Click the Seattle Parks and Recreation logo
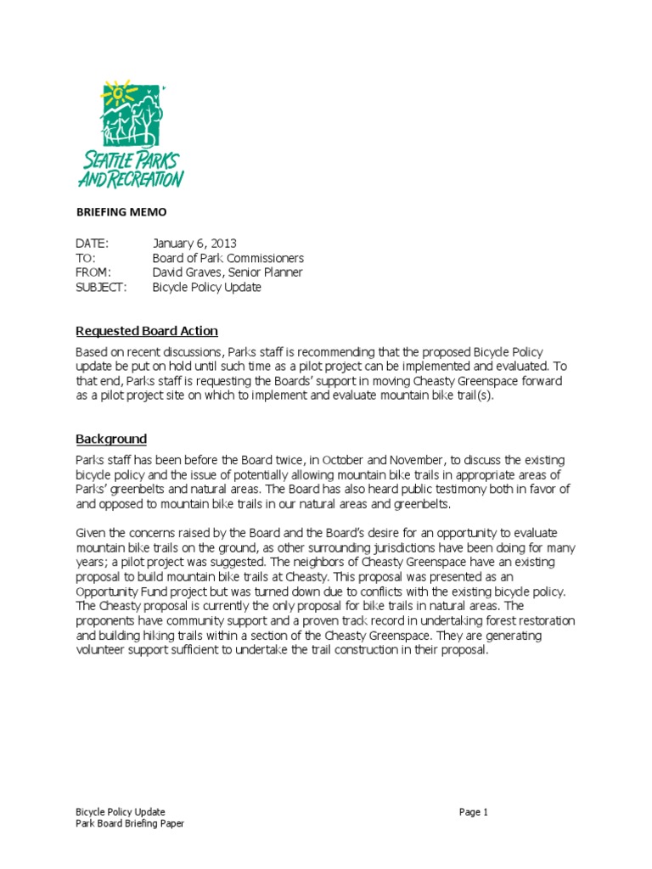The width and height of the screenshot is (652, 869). (130, 134)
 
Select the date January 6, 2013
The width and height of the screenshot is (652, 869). (194, 244)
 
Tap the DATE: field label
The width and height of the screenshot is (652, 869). (93, 244)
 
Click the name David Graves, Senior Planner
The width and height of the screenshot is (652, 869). (227, 272)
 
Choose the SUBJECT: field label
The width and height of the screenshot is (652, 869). (101, 287)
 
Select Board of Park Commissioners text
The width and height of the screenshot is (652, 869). (228, 258)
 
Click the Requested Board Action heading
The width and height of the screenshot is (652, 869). (147, 331)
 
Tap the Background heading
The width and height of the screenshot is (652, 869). (111, 439)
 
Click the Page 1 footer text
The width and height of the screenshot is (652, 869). (474, 812)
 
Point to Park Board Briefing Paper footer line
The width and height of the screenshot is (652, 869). (130, 823)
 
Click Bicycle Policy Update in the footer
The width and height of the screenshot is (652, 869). (121, 812)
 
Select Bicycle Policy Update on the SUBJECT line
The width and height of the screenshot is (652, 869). (206, 287)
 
